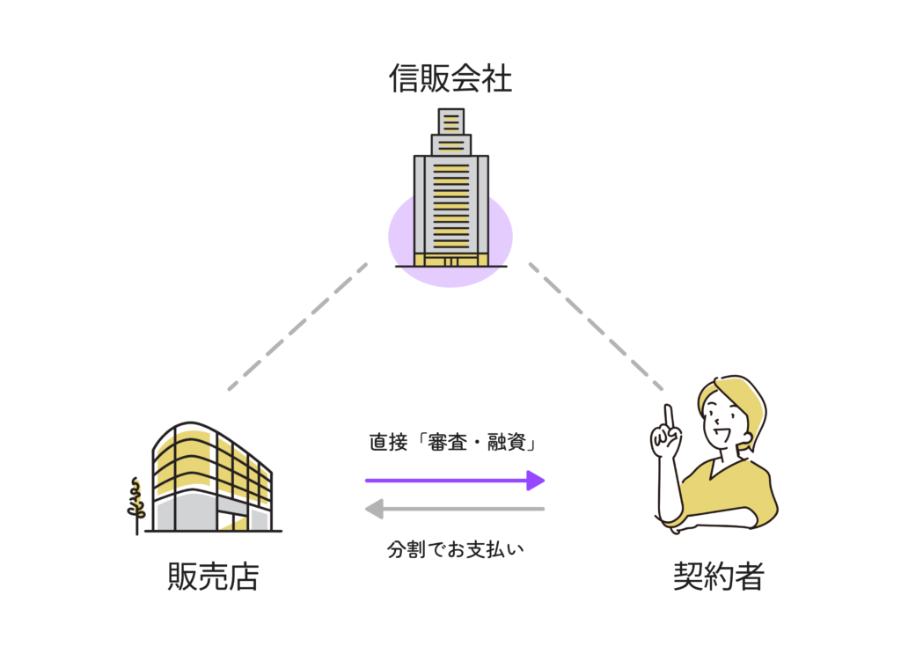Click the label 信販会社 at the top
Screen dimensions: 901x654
(450, 78)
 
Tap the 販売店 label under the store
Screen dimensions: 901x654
(214, 576)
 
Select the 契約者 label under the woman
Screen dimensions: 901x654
(718, 576)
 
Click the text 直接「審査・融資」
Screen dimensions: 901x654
(453, 442)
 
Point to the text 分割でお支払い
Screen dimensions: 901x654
(455, 549)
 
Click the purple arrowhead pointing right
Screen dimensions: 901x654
(536, 481)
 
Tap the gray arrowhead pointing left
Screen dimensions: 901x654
(375, 509)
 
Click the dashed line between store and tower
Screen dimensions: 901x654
(297, 327)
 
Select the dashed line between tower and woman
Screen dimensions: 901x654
(596, 327)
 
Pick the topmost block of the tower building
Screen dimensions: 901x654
(451, 121)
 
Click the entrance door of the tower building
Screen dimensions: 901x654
(451, 261)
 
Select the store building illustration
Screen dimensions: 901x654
(213, 477)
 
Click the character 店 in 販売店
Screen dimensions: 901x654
(245, 576)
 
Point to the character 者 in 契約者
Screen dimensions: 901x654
(750, 576)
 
